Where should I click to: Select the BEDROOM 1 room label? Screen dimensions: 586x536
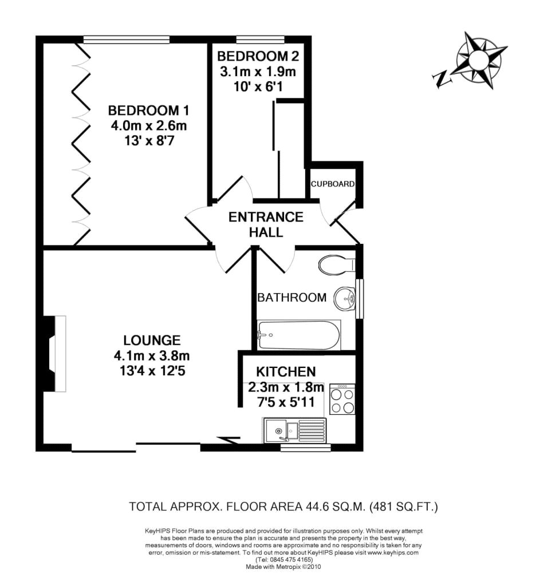point(148,110)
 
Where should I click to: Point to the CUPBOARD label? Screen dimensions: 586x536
point(333,184)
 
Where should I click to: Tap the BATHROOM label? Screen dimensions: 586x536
point(292,298)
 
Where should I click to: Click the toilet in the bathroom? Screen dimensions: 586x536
point(337,265)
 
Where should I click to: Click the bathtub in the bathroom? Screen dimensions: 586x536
point(299,335)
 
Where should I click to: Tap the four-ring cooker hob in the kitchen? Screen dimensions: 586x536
point(342,399)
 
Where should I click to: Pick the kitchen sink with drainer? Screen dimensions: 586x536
point(295,429)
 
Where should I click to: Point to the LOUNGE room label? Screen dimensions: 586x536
point(152,340)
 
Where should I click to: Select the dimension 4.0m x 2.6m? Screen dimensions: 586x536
point(148,126)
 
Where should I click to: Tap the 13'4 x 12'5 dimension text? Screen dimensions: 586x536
point(152,370)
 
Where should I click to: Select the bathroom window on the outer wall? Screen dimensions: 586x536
point(359,298)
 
